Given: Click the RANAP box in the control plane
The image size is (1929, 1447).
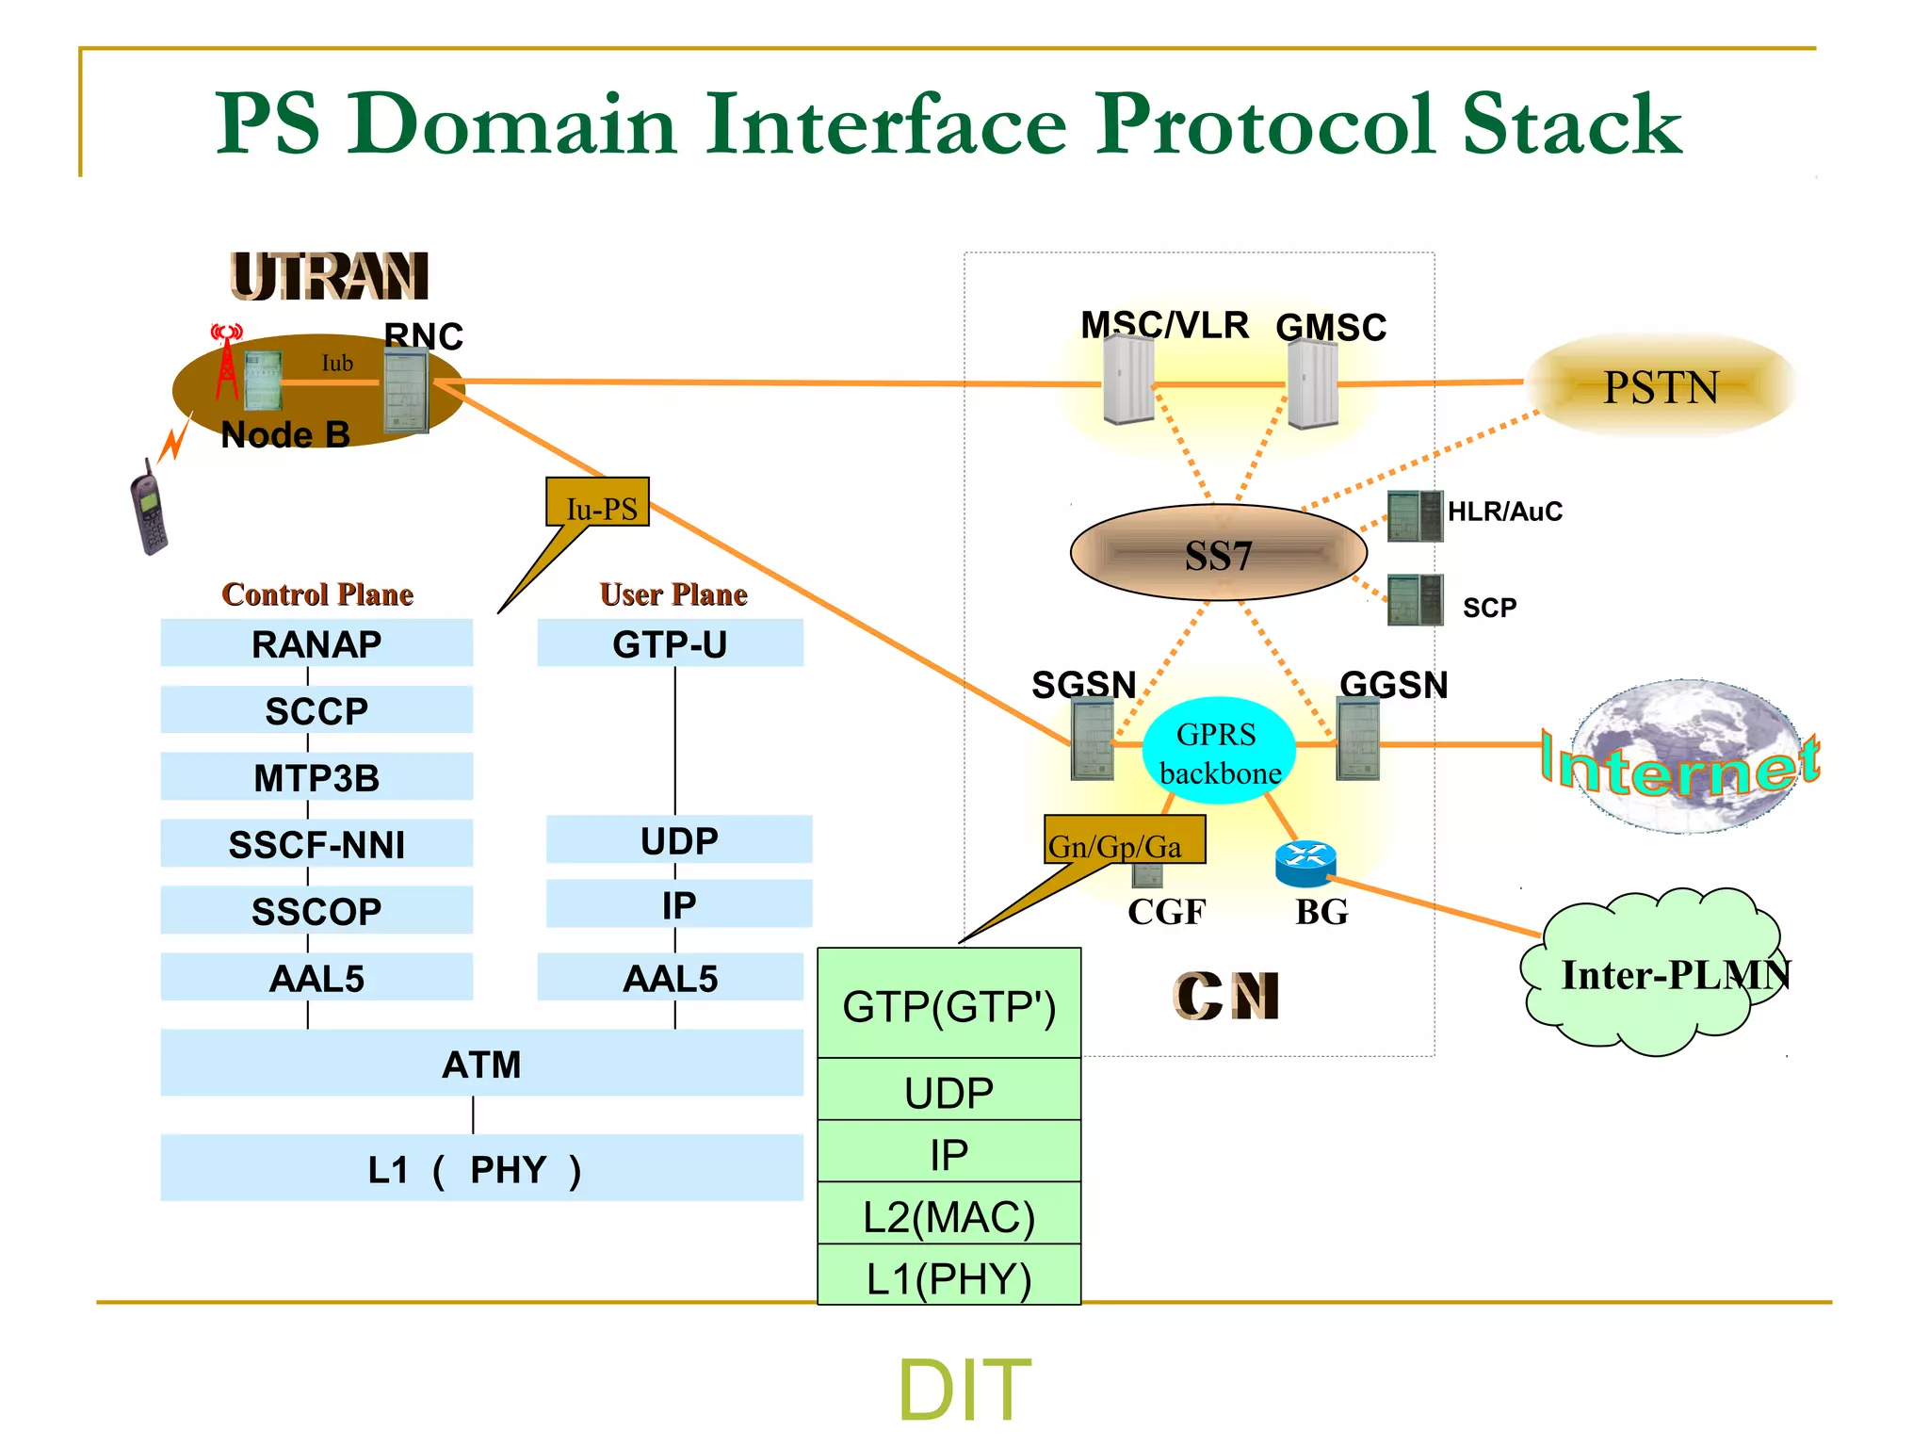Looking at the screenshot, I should (x=316, y=643).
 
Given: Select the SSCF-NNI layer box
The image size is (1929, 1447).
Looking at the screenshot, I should (x=316, y=844).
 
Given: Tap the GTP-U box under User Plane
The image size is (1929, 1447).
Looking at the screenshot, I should (x=670, y=643).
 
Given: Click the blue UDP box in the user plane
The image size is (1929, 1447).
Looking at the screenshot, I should (x=678, y=839).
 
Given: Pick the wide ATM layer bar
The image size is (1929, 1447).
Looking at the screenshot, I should (x=481, y=1064).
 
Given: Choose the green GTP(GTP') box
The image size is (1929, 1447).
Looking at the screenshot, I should (x=948, y=1004).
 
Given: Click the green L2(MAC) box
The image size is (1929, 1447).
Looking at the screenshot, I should (x=948, y=1214).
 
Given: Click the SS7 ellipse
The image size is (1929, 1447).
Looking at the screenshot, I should (x=1218, y=554).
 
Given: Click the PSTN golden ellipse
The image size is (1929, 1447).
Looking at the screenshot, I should (x=1661, y=386).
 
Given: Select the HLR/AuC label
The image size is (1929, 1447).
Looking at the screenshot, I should (x=1504, y=512).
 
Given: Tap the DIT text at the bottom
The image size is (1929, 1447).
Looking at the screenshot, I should (x=964, y=1389).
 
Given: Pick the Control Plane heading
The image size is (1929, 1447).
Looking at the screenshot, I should (x=317, y=594).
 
